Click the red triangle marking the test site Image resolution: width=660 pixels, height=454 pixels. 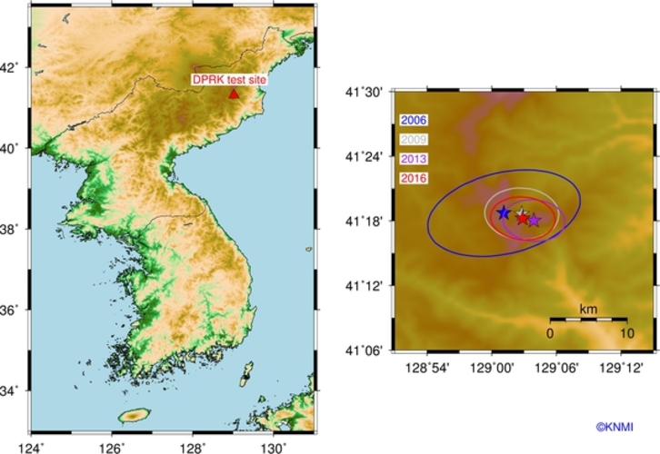coord(234,94)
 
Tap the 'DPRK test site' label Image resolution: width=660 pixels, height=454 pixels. coord(230,80)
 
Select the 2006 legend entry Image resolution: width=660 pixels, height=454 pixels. coord(414,119)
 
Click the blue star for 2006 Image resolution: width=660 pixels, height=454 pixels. coord(504,212)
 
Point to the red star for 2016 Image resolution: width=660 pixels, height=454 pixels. coord(523,218)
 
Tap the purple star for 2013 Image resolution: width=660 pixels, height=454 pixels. coord(534,220)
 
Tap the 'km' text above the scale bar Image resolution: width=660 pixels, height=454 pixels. coord(588,310)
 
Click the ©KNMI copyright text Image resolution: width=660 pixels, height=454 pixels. coord(616,425)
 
